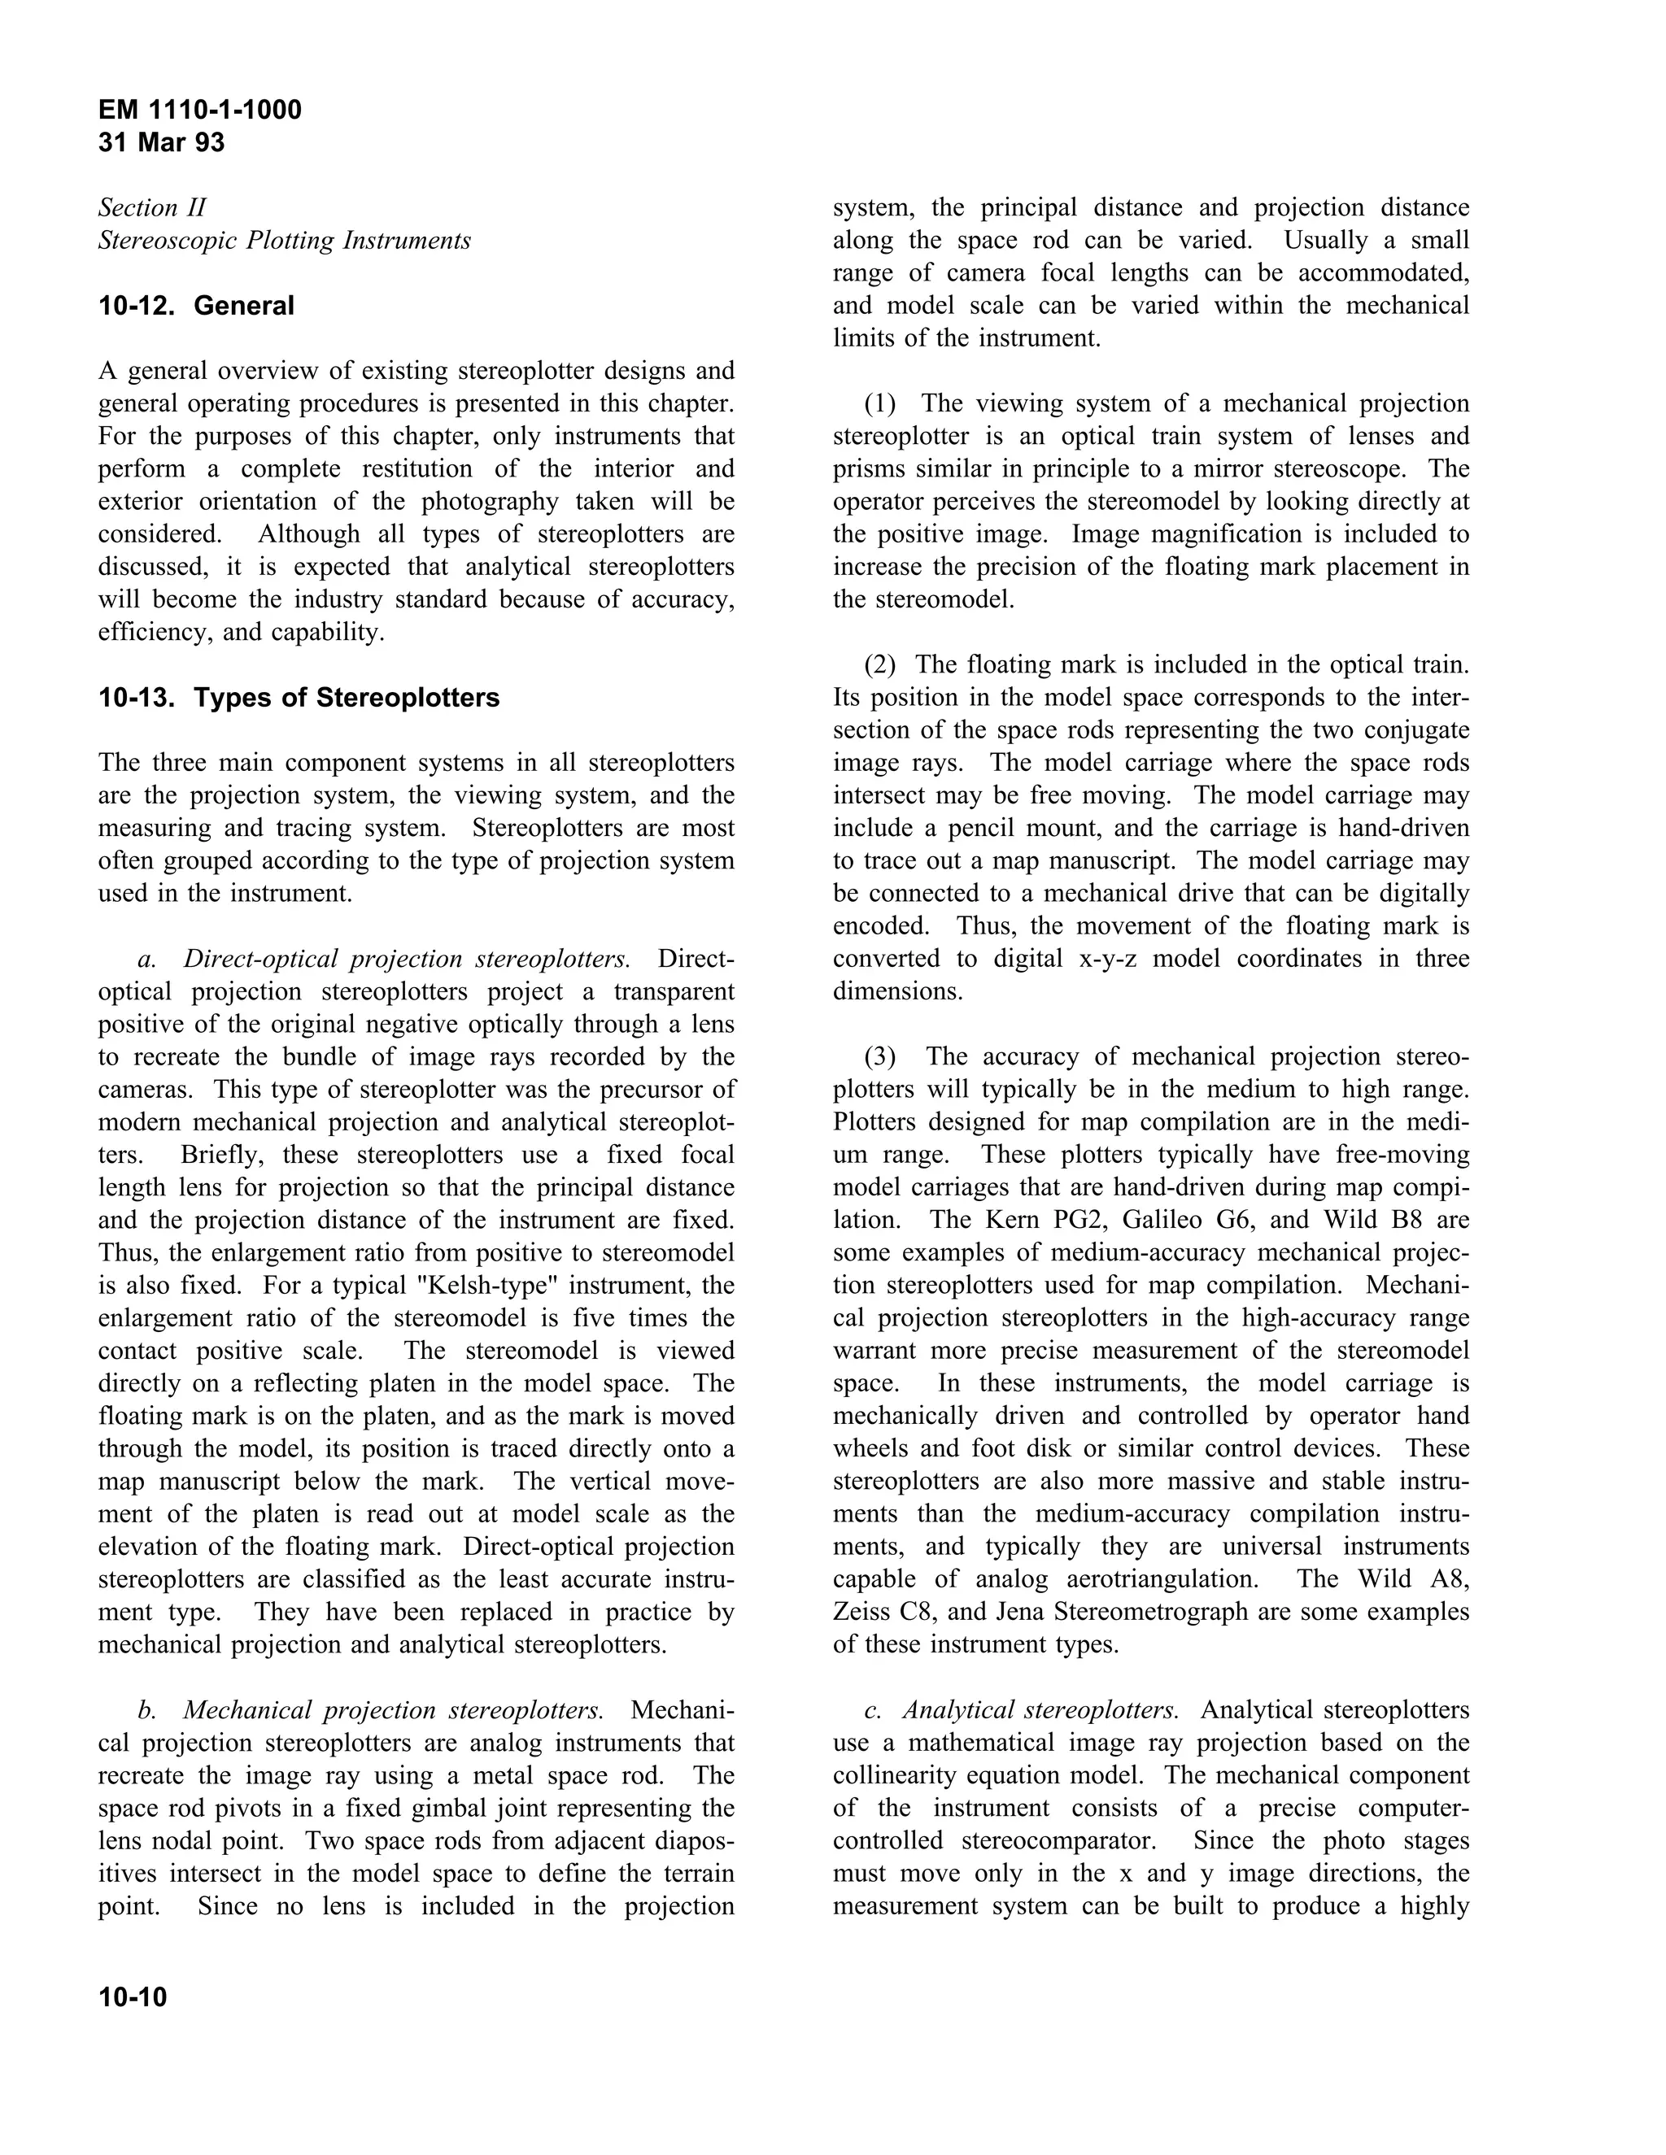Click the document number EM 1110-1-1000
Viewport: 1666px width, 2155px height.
[x=199, y=110]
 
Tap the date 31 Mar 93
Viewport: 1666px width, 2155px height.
[x=161, y=143]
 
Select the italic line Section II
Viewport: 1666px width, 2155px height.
[x=152, y=208]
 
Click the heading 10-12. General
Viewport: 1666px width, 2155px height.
[x=195, y=306]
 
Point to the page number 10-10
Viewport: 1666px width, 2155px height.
[x=133, y=1998]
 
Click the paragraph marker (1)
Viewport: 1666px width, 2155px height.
[x=880, y=403]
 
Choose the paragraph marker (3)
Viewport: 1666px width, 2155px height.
[x=880, y=1057]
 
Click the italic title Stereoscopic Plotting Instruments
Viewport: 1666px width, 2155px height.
[x=284, y=241]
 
